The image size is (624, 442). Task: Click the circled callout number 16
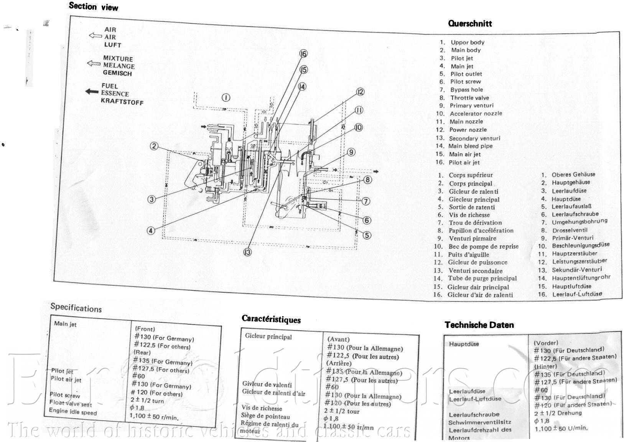[x=303, y=54]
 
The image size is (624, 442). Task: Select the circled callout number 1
[x=226, y=97]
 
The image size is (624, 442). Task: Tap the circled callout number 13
[x=247, y=252]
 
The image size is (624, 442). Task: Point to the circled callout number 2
[x=154, y=146]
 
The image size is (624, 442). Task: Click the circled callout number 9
[x=351, y=152]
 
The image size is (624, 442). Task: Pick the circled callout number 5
[x=367, y=235]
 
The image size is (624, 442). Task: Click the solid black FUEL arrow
[x=92, y=92]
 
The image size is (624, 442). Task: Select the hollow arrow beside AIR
[x=95, y=36]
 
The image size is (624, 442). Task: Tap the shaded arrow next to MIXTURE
[x=94, y=63]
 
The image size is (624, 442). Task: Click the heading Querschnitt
[x=470, y=23]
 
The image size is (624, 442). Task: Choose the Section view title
[x=94, y=7]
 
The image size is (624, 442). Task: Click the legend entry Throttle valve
[x=469, y=98]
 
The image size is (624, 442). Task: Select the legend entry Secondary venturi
[x=474, y=138]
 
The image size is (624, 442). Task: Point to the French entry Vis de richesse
[x=469, y=215]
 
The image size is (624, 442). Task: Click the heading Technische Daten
[x=479, y=325]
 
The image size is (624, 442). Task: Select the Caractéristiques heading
[x=271, y=319]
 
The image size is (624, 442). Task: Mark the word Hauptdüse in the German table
[x=464, y=344]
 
